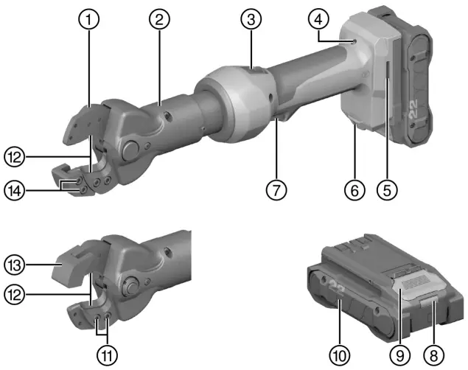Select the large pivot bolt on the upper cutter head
(131, 150)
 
